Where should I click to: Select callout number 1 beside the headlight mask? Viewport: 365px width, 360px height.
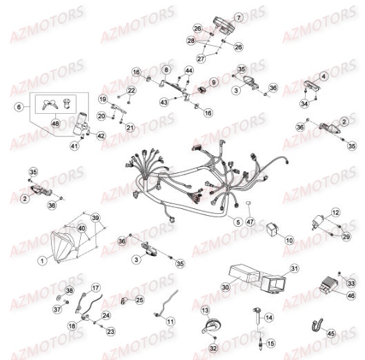42,260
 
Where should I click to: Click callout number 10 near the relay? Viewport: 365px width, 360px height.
289,241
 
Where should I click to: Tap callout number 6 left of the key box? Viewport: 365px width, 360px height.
19,106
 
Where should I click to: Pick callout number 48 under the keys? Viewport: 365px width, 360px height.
55,123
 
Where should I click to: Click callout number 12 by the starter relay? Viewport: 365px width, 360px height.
335,212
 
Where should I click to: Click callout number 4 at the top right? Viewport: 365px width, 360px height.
323,76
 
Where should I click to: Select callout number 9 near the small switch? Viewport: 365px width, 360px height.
213,82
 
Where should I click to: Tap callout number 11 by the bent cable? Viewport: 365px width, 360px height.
170,322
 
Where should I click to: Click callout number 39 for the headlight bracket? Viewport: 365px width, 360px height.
95,217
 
